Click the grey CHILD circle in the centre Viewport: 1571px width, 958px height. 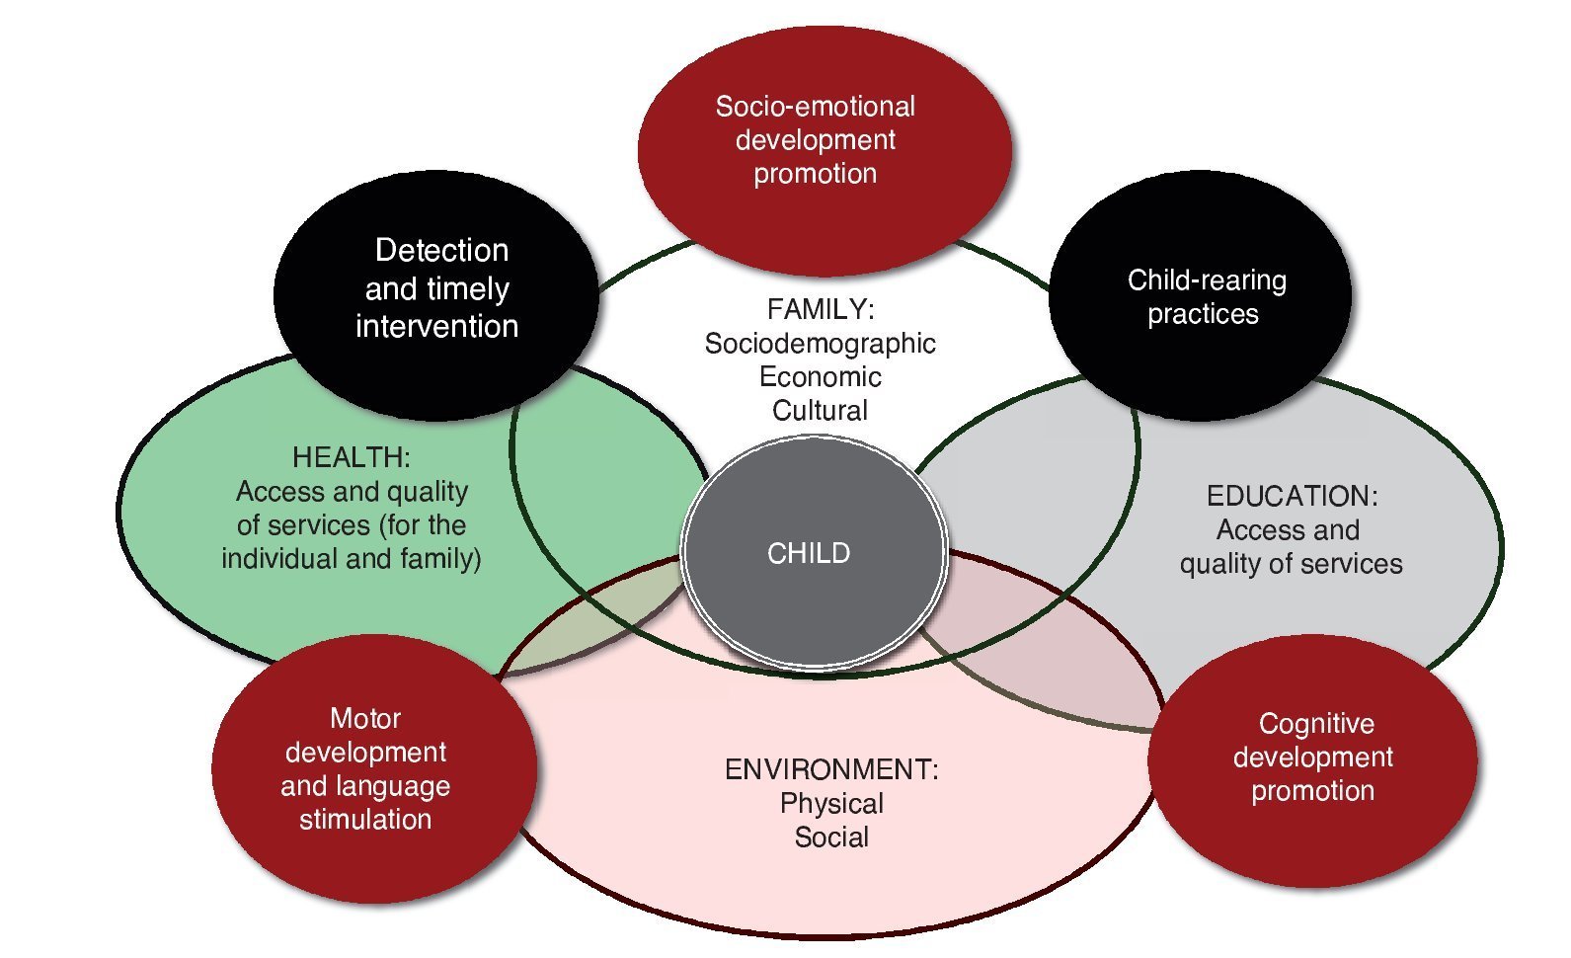pyautogui.click(x=813, y=553)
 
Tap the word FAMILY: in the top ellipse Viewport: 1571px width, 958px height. pyautogui.click(x=821, y=310)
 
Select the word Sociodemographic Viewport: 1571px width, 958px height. pyautogui.click(x=820, y=344)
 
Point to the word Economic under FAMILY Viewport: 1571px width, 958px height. pyautogui.click(x=820, y=377)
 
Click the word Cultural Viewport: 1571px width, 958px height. pyautogui.click(x=820, y=411)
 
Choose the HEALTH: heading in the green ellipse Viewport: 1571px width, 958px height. pyautogui.click(x=351, y=457)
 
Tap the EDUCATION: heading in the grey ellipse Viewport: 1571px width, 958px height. pyautogui.click(x=1292, y=496)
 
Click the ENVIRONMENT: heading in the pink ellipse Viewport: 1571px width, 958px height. pyautogui.click(x=831, y=769)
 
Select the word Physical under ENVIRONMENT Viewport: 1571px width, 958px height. pyautogui.click(x=831, y=803)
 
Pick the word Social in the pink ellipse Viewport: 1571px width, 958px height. pyautogui.click(x=831, y=838)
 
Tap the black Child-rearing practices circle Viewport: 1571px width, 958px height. pyautogui.click(x=1201, y=296)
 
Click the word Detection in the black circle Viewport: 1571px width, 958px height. pyautogui.click(x=441, y=251)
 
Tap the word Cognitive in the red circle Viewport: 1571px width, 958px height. pyautogui.click(x=1316, y=724)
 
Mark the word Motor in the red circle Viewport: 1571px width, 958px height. pyautogui.click(x=365, y=718)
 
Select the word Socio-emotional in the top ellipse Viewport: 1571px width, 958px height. pyautogui.click(x=815, y=107)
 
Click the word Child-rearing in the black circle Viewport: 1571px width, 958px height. pyautogui.click(x=1207, y=280)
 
